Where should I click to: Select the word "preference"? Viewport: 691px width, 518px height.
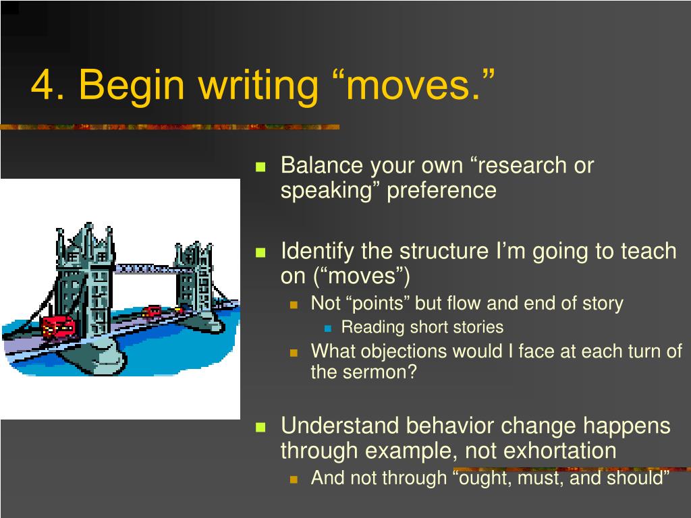tap(441, 192)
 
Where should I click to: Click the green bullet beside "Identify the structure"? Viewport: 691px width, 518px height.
tap(261, 252)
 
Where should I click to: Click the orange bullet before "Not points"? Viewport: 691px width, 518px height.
tap(294, 304)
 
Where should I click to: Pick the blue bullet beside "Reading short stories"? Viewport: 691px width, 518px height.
tap(327, 328)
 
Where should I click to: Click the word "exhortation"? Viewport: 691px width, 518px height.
tap(559, 451)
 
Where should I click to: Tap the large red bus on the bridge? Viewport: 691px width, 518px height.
tap(59, 327)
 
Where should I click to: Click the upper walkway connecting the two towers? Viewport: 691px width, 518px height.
tap(146, 268)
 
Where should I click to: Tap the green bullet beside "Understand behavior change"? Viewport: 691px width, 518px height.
tap(261, 427)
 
